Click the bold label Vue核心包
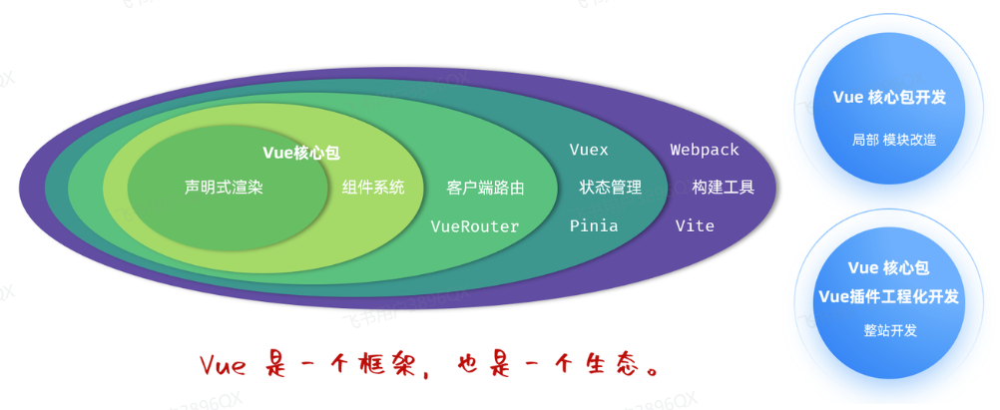(x=301, y=153)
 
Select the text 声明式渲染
(x=224, y=188)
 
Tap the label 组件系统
(x=373, y=188)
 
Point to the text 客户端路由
(x=485, y=189)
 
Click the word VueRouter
(x=474, y=226)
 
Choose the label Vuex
(x=589, y=150)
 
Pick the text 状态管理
(x=611, y=188)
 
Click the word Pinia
(x=593, y=225)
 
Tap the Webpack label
(x=704, y=150)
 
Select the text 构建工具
(x=724, y=188)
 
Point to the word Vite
(x=695, y=225)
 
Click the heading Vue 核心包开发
(x=889, y=98)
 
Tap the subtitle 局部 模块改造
(x=894, y=140)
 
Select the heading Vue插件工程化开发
(x=889, y=296)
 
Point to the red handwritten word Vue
(x=223, y=367)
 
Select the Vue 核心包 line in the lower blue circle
(x=888, y=267)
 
